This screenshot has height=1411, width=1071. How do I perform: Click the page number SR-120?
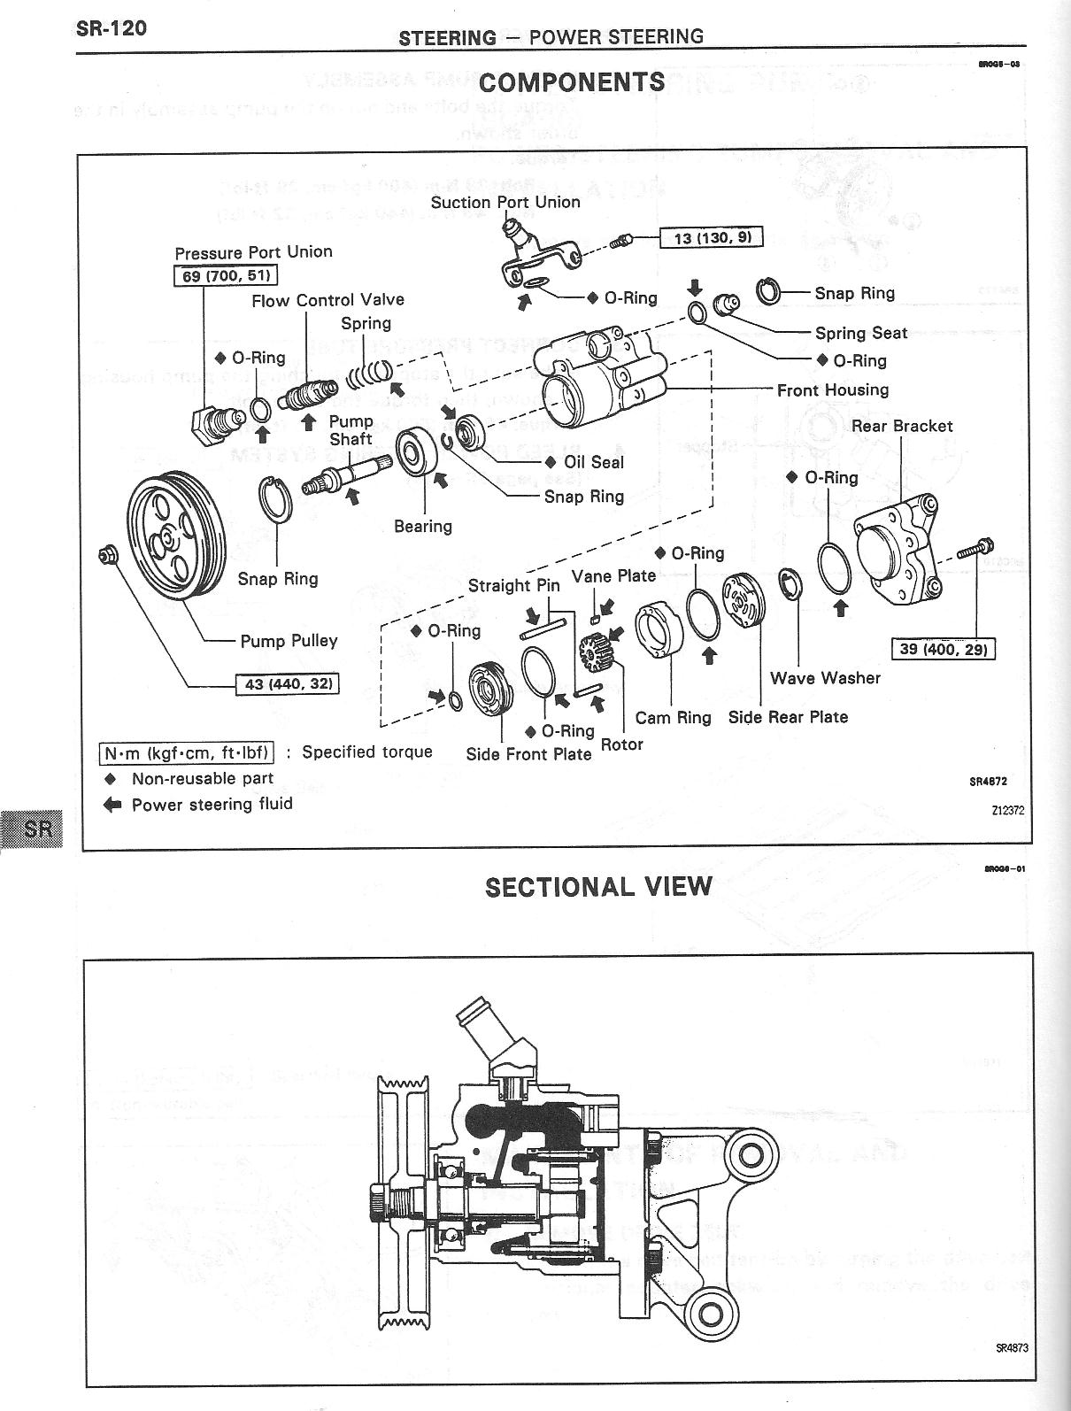click(x=111, y=28)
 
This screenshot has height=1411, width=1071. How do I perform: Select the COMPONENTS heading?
click(x=571, y=82)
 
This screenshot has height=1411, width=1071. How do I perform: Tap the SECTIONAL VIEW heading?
click(x=598, y=887)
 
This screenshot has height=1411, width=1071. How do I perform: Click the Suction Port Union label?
click(x=505, y=202)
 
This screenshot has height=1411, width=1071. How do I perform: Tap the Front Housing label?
click(x=832, y=389)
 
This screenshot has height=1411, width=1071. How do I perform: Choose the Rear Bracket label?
click(x=902, y=426)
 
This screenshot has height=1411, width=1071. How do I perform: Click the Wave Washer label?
click(x=825, y=678)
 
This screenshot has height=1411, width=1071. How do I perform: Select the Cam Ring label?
click(x=673, y=717)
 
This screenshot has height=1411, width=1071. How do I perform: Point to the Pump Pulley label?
click(x=289, y=641)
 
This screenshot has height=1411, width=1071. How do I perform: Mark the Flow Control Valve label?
click(x=327, y=301)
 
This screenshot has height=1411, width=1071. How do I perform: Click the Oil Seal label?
click(x=593, y=462)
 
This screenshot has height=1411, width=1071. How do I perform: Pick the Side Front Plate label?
click(x=528, y=754)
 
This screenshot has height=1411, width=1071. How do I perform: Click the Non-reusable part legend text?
click(x=202, y=779)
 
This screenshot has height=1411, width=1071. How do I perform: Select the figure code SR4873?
click(x=1012, y=1349)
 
